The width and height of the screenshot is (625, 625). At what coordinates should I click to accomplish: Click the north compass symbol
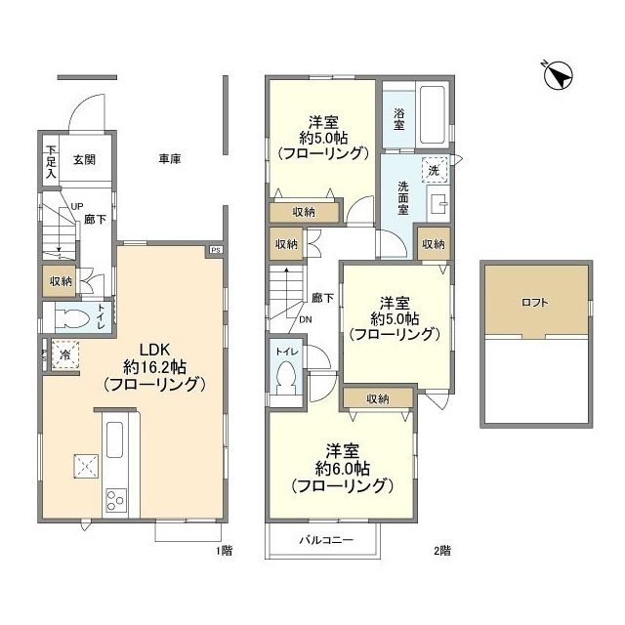tap(558, 76)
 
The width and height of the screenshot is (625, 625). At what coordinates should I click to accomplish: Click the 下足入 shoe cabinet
tap(51, 162)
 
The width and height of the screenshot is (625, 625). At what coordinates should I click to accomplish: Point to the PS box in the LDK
tap(214, 251)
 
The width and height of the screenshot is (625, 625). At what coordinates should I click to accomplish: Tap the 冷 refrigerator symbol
tap(62, 355)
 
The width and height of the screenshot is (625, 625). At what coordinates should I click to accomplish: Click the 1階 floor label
tap(224, 551)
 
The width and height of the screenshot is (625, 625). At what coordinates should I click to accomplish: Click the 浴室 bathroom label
tap(399, 112)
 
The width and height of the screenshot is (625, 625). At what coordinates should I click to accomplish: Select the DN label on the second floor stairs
tap(306, 318)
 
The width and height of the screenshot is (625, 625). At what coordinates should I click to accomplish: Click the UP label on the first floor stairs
tap(76, 206)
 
